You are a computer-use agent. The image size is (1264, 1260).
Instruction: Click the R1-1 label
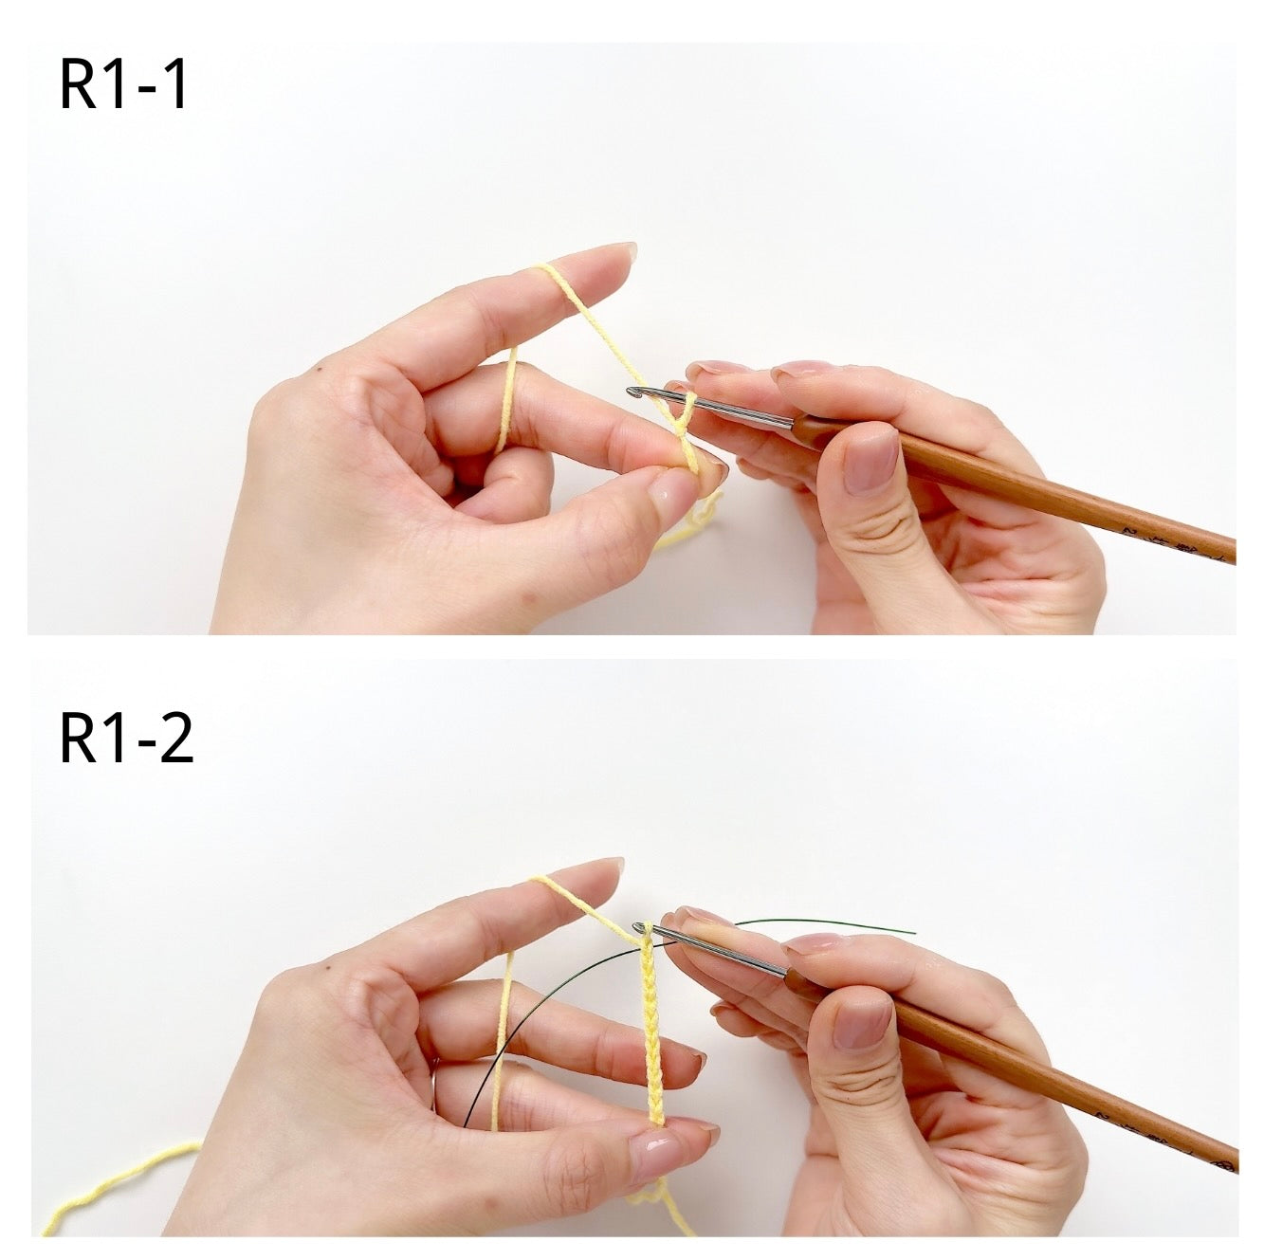123,84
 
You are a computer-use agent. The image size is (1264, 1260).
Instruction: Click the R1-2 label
127,738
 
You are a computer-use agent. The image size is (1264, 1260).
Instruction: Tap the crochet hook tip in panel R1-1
631,393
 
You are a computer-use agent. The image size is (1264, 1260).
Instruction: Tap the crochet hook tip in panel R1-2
637,927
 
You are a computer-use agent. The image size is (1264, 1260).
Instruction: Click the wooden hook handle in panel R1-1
1014,486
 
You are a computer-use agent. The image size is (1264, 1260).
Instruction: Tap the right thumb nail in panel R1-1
870,464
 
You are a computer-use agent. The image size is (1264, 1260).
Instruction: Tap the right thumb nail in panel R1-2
861,1023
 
